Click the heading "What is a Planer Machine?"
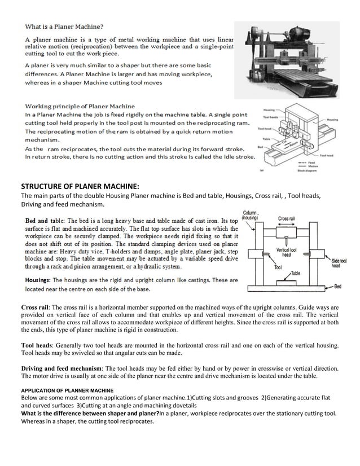(x=63, y=26)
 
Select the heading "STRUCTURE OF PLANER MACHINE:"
(x=80, y=187)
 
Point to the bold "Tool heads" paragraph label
(x=38, y=344)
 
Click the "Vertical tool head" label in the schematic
(x=287, y=252)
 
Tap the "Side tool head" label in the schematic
(x=339, y=263)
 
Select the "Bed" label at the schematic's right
(x=337, y=287)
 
